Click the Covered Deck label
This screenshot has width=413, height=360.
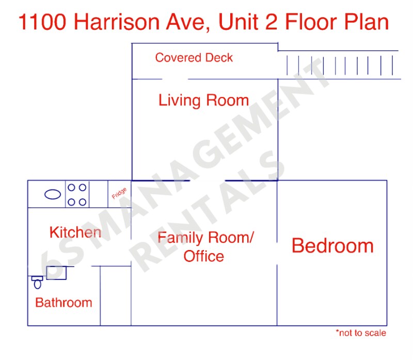tap(194, 58)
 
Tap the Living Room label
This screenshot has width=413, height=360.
tap(203, 100)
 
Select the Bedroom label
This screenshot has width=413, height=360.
tap(332, 246)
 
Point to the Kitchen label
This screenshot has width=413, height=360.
tap(75, 232)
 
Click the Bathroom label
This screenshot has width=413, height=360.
tap(63, 303)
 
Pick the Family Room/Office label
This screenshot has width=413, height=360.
tap(205, 247)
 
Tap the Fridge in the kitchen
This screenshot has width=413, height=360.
tap(119, 194)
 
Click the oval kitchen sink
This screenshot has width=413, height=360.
tap(52, 194)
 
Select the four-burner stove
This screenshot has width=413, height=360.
tap(77, 194)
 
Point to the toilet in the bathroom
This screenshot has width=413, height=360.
tap(37, 282)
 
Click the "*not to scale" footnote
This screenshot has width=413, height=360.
tap(361, 333)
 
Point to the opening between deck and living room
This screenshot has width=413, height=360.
tap(176, 79)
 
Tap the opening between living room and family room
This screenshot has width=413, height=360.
tap(208, 181)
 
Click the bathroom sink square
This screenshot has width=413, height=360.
tap(56, 273)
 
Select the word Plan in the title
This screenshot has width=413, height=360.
tap(366, 23)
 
